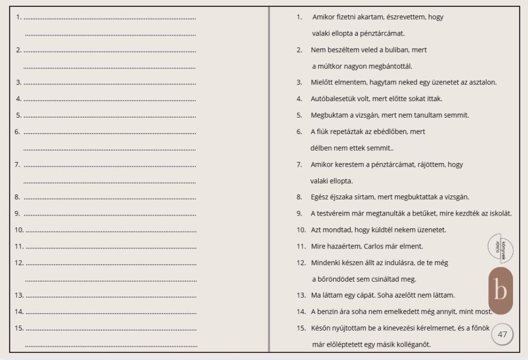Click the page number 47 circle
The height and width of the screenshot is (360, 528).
coord(502,334)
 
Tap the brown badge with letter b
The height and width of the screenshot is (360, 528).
coord(500,291)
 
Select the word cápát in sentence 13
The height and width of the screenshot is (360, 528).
coord(354,296)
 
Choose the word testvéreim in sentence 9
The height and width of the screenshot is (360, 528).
coord(334,214)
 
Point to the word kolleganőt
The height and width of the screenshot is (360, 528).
coord(412,345)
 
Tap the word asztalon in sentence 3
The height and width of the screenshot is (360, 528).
coord(483,83)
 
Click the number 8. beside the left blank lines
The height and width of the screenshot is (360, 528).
coord(18,197)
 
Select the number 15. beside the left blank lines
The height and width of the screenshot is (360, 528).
coord(19,328)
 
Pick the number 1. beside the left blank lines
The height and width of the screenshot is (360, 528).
coord(19,17)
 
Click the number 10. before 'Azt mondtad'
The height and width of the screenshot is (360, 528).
coord(301,230)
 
